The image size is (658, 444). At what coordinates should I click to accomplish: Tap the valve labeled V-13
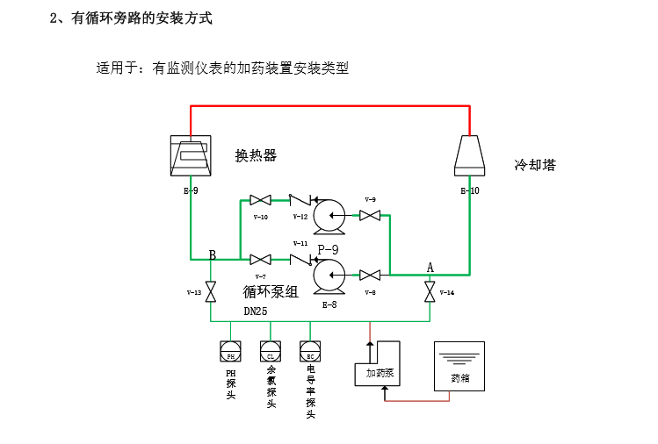point(211,292)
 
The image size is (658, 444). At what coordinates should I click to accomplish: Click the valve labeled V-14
point(429,292)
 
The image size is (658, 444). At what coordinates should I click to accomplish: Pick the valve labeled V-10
point(260,200)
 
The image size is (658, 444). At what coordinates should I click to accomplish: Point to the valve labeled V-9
point(370,214)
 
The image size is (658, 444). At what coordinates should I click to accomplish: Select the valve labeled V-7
point(260,260)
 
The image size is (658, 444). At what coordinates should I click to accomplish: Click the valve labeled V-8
point(370,276)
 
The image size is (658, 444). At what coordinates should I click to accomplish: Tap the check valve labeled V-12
point(300,200)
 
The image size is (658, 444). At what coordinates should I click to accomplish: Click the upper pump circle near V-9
point(330,215)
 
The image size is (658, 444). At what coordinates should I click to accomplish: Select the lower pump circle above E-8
point(330,276)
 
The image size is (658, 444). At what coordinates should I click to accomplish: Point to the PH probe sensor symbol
point(230,352)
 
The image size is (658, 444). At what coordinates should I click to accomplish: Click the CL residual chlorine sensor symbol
point(271,352)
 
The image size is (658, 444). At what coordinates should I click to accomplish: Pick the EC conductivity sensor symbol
point(310,352)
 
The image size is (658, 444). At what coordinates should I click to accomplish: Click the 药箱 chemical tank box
point(459,366)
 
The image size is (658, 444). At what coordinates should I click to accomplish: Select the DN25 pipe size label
point(256,312)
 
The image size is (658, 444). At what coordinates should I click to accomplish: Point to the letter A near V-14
point(430,267)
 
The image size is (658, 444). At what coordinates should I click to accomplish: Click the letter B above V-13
point(212,254)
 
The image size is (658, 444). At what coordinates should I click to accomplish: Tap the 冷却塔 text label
point(534,165)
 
